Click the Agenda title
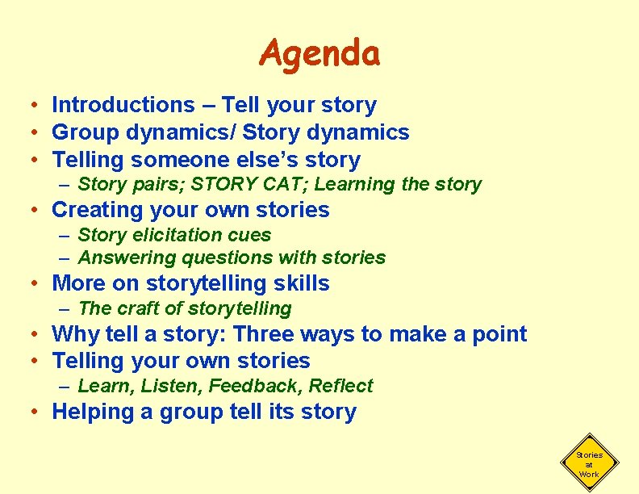point(319,54)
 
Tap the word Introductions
point(123,105)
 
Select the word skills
point(301,283)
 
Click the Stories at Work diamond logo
point(588,464)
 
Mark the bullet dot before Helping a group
point(36,412)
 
